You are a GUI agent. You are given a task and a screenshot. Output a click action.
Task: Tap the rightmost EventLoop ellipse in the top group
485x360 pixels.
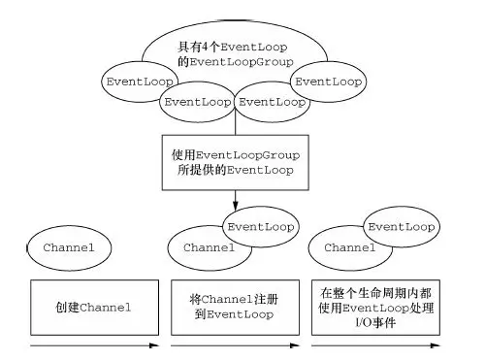[329, 82]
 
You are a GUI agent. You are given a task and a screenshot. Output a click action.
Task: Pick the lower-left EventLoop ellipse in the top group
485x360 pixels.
[197, 101]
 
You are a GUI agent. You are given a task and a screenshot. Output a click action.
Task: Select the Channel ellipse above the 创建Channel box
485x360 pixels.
[69, 247]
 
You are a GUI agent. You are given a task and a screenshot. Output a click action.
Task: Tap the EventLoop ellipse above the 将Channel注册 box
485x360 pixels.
[259, 226]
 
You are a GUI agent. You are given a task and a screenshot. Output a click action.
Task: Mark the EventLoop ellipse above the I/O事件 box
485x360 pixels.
[399, 226]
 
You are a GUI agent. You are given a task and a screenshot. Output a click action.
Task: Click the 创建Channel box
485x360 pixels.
[93, 308]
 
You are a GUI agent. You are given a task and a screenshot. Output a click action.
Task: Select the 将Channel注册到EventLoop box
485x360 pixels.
[233, 308]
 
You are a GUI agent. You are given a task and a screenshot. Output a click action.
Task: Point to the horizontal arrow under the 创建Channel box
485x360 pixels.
[93, 344]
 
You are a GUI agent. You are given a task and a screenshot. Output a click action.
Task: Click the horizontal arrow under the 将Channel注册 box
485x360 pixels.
[233, 344]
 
